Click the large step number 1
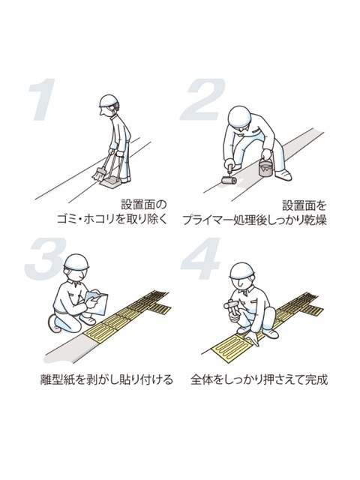[x=43, y=100]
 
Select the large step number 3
[x=46, y=259]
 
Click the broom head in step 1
[x=98, y=175]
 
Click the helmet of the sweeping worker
[x=109, y=100]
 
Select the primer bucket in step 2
[x=265, y=168]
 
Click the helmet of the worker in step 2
[x=240, y=117]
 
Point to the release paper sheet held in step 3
[x=97, y=303]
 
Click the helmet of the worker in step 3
[x=76, y=262]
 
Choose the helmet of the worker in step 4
[x=242, y=271]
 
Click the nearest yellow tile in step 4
[x=232, y=349]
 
